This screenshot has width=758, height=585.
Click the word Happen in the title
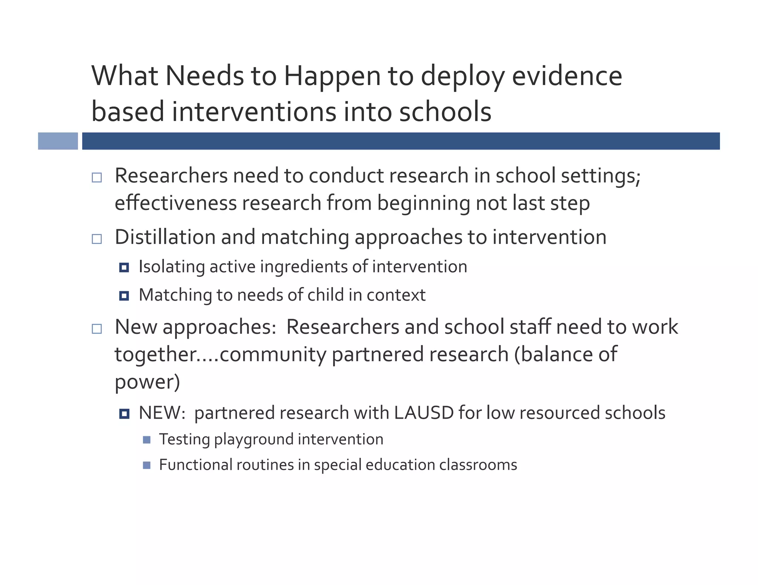tap(332, 77)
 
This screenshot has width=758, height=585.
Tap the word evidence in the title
tap(567, 76)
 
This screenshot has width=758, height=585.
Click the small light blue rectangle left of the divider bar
tap(58, 141)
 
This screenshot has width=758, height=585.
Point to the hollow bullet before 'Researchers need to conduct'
tap(97, 177)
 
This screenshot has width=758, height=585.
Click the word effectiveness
tap(175, 203)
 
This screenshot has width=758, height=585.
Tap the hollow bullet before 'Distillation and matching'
tap(97, 239)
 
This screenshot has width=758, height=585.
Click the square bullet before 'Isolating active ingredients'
tap(124, 267)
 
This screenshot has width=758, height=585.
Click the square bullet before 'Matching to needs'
tap(124, 296)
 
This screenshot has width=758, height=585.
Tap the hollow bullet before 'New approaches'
tap(97, 329)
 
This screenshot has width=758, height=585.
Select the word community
tap(273, 354)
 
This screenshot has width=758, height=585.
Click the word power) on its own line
tap(147, 382)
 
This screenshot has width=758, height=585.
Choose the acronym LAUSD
tap(424, 413)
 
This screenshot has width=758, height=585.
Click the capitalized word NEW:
tap(162, 413)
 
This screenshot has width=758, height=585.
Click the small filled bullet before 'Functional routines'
tap(147, 465)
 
